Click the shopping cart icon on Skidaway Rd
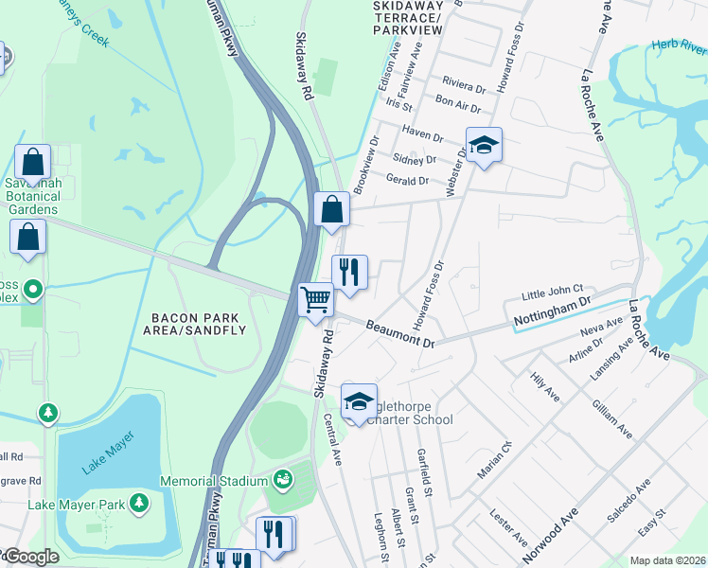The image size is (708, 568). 316,301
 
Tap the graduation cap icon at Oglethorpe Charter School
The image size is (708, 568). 359,401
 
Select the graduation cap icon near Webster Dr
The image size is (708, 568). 484,146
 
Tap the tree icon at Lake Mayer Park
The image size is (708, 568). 139,500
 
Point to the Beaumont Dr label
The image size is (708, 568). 400,332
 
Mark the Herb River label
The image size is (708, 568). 680,44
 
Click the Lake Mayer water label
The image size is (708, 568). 107,447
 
